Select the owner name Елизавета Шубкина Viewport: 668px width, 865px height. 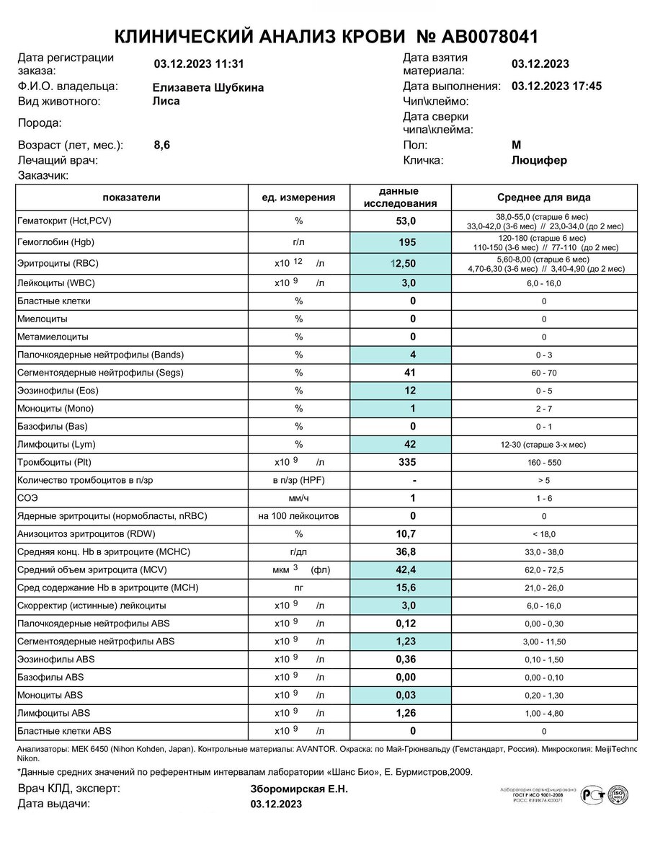click(x=208, y=87)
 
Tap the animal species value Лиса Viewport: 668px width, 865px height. click(x=166, y=101)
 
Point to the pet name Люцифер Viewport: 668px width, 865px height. click(x=539, y=160)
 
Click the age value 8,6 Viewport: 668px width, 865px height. click(x=162, y=145)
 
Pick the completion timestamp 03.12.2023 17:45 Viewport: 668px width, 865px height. click(x=556, y=86)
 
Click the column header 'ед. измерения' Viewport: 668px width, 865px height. click(x=298, y=198)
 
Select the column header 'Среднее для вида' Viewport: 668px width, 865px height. click(x=544, y=198)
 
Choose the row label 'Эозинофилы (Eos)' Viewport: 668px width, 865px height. click(x=57, y=391)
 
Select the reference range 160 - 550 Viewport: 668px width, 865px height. click(x=544, y=463)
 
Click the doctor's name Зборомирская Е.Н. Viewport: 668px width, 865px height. click(x=299, y=789)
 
